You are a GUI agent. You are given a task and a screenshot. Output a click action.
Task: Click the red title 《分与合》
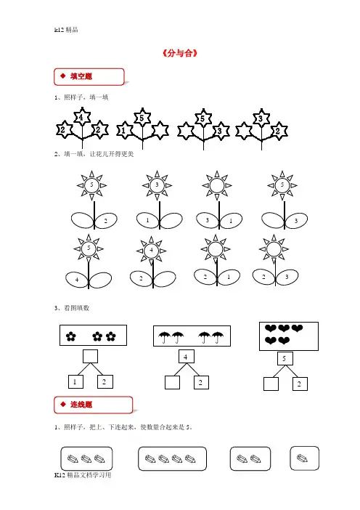click(180, 53)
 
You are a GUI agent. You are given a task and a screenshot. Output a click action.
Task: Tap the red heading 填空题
click(81, 76)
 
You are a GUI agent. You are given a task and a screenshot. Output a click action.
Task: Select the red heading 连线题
click(81, 405)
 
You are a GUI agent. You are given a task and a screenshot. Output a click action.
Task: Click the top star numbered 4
click(82, 117)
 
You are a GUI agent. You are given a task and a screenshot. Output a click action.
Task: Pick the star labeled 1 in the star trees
click(124, 131)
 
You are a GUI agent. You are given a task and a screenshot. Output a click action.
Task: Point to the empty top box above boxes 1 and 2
click(90, 357)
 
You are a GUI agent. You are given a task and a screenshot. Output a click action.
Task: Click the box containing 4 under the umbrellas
click(187, 357)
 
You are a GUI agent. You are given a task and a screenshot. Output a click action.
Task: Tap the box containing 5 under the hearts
click(285, 358)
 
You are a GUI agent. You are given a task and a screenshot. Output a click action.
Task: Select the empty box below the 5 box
click(271, 384)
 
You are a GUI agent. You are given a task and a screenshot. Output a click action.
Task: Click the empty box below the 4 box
click(172, 382)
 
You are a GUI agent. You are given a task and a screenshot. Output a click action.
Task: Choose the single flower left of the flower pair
click(71, 336)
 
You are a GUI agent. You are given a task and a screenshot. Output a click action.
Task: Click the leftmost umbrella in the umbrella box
click(165, 337)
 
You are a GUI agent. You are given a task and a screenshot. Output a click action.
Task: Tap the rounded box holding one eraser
click(304, 458)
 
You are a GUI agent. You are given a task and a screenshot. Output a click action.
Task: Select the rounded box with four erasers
click(172, 458)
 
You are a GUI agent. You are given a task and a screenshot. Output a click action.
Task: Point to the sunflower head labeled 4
click(151, 251)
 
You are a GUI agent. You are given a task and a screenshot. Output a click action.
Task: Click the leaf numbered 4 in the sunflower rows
click(77, 280)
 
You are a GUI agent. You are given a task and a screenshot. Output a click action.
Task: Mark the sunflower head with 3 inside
click(157, 185)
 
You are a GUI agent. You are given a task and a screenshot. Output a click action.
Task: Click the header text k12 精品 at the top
click(66, 30)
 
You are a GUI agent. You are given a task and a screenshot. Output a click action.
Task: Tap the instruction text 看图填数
click(76, 308)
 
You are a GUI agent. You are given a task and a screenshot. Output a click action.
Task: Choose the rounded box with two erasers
click(250, 458)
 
